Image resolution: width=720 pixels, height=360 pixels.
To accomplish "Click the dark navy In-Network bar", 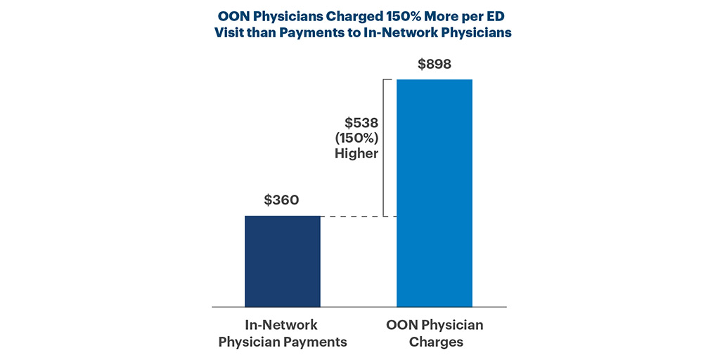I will click(282, 261).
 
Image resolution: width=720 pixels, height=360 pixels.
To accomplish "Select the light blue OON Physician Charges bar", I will click(434, 193).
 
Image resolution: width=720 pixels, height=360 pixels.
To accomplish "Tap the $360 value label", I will click(282, 200).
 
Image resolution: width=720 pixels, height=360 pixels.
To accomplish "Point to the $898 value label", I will click(434, 65).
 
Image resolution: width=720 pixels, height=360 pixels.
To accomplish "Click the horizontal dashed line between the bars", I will click(358, 216).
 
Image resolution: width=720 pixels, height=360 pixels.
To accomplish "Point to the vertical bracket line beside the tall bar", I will click(384, 148).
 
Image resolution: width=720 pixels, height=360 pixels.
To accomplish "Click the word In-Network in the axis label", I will click(282, 326).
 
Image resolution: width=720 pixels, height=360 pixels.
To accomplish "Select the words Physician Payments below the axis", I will click(282, 342).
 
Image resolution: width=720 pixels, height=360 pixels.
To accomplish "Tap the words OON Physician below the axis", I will click(435, 326).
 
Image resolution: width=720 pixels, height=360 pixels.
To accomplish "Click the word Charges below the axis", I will click(435, 342).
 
